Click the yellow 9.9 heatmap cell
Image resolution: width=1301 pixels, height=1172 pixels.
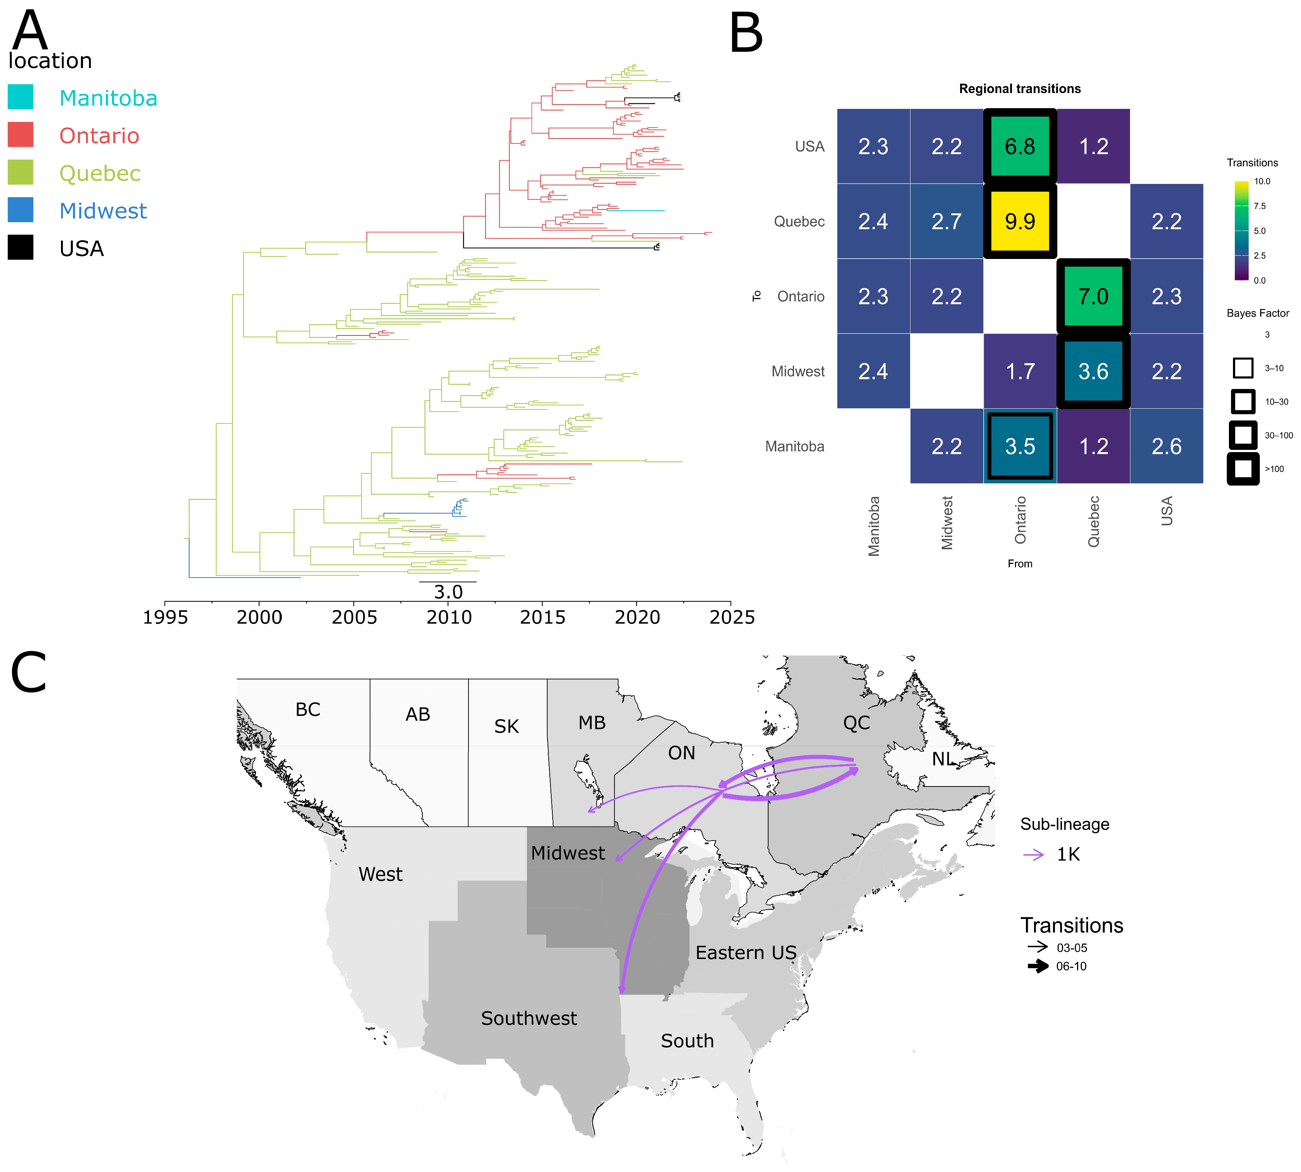click(1020, 221)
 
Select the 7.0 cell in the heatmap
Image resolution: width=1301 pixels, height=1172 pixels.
click(1093, 296)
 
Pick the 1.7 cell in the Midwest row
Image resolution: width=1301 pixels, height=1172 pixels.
click(1020, 372)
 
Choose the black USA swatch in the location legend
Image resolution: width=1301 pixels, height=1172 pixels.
click(21, 248)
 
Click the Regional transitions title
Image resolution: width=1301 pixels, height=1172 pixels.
click(1020, 89)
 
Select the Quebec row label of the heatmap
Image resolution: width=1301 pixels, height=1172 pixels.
click(799, 221)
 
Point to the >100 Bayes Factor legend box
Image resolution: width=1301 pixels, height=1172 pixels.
click(1243, 469)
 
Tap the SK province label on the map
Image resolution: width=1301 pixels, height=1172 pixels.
click(507, 727)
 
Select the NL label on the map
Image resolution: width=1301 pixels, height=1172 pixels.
click(943, 759)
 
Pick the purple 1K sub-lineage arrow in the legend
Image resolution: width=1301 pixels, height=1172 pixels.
click(1034, 855)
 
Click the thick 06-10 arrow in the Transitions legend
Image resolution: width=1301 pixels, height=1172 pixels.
click(1038, 966)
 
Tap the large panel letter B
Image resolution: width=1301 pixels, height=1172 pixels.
click(746, 33)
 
